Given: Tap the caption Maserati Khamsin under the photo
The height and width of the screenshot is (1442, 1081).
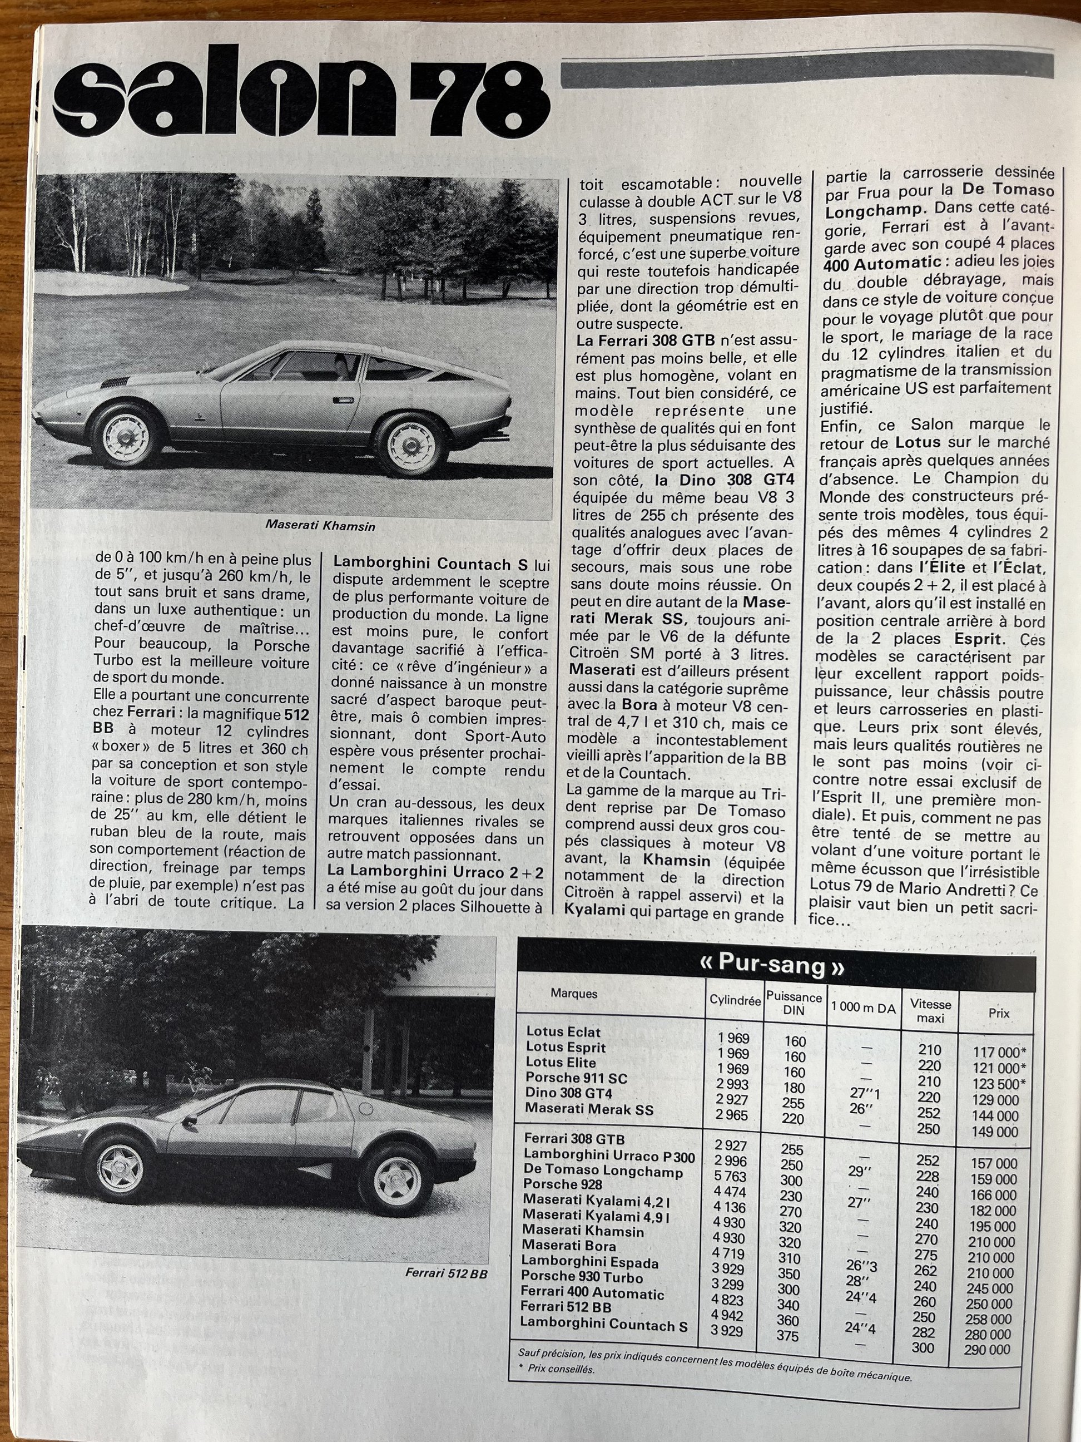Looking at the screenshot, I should pyautogui.click(x=320, y=525).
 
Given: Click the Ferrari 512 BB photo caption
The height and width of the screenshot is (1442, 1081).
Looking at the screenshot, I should pyautogui.click(x=446, y=1272).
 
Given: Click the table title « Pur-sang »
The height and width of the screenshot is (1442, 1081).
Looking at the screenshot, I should pyautogui.click(x=772, y=965).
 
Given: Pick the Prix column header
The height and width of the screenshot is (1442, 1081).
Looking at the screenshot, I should pyautogui.click(x=998, y=1013).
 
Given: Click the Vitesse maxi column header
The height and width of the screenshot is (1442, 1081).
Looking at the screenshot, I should pyautogui.click(x=930, y=1010).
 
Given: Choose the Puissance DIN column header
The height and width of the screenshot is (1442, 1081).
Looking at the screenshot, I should pyautogui.click(x=794, y=1003).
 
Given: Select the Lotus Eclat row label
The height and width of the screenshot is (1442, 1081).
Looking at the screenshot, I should pyautogui.click(x=563, y=1032).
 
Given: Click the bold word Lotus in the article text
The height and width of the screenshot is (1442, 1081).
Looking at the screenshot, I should pyautogui.click(x=918, y=442).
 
